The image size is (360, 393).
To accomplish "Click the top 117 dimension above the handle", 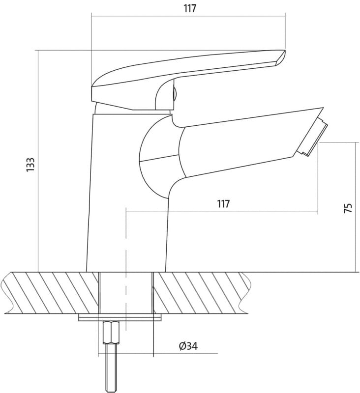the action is (x=190, y=8).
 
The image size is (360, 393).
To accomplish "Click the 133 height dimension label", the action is (x=30, y=165).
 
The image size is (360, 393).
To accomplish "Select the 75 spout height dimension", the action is (x=348, y=208).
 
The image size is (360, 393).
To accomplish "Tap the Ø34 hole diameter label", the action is (x=188, y=346).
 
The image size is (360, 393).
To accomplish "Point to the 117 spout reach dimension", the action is (x=223, y=204).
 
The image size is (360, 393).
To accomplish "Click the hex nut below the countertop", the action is (x=111, y=333).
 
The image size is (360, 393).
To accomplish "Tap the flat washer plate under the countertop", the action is (x=120, y=317).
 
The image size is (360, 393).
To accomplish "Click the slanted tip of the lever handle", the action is (x=280, y=57).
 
